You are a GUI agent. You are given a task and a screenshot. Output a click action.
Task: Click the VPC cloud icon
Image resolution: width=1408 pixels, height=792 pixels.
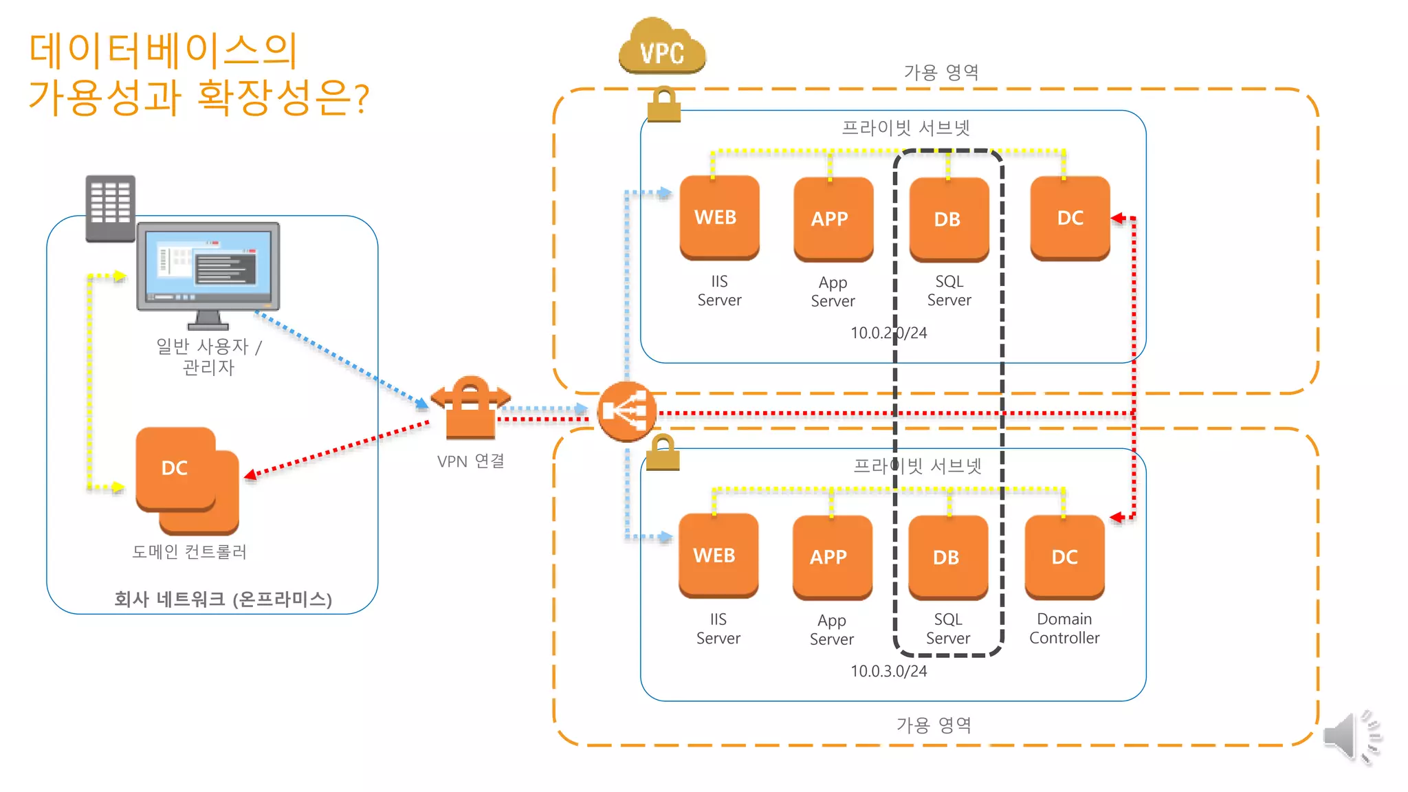pyautogui.click(x=661, y=47)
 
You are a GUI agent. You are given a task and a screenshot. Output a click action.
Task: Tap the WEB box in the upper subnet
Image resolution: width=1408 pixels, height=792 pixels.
pyautogui.click(x=719, y=217)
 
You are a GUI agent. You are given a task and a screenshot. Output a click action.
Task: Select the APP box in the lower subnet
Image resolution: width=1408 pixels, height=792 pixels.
pyautogui.click(x=832, y=556)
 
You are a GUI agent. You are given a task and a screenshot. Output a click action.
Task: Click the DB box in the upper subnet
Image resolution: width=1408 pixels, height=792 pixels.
pyautogui.click(x=949, y=219)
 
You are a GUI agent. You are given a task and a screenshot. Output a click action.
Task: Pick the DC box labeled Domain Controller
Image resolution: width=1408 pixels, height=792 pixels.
pyautogui.click(x=1064, y=556)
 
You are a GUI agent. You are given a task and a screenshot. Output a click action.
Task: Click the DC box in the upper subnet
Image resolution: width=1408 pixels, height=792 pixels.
pyautogui.click(x=1070, y=217)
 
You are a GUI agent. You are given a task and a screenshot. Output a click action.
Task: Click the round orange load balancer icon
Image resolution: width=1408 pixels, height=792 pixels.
pyautogui.click(x=626, y=411)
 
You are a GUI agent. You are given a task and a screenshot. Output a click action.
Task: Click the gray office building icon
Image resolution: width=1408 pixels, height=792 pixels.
pyautogui.click(x=110, y=208)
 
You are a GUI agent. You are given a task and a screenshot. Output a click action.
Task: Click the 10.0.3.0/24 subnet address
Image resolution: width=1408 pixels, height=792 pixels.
pyautogui.click(x=888, y=671)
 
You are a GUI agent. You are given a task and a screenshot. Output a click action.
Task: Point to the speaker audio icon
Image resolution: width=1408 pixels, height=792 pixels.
pyautogui.click(x=1350, y=736)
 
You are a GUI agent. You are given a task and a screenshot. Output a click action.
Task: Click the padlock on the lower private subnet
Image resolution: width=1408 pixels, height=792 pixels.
pyautogui.click(x=663, y=453)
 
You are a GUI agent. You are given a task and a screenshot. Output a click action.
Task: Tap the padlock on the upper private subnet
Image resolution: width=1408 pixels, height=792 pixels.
pyautogui.click(x=663, y=104)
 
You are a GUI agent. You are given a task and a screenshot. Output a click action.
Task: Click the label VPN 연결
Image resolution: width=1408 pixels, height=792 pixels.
pyautogui.click(x=470, y=461)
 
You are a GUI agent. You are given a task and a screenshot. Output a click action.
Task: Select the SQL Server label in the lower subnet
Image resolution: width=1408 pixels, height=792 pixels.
pyautogui.click(x=948, y=628)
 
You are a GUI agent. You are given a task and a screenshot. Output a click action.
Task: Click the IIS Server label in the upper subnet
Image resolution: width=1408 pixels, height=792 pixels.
pyautogui.click(x=719, y=290)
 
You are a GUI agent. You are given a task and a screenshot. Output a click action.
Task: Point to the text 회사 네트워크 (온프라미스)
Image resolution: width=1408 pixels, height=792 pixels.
pyautogui.click(x=223, y=599)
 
